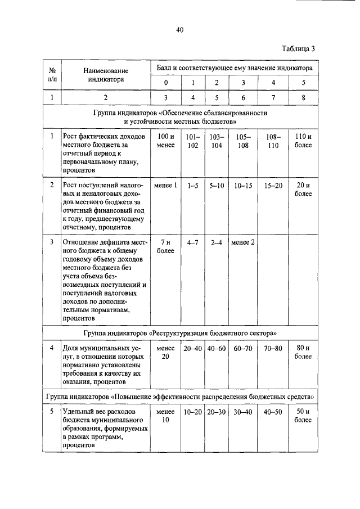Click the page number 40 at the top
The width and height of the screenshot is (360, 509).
click(x=179, y=30)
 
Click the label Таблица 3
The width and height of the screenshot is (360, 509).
click(x=299, y=48)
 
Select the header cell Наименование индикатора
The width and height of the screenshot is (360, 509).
click(x=106, y=75)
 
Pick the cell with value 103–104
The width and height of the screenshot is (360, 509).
click(x=217, y=141)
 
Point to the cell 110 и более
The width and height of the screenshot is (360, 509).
click(x=303, y=141)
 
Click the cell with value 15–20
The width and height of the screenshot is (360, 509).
click(x=273, y=186)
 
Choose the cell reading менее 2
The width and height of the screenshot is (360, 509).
click(x=243, y=242)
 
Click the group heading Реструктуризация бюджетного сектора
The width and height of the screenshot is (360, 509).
click(x=180, y=334)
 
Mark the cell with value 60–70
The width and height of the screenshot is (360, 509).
click(x=243, y=349)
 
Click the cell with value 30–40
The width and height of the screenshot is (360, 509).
click(x=243, y=412)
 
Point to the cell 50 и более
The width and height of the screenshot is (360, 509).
click(x=303, y=416)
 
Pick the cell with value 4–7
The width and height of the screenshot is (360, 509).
click(x=192, y=242)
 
